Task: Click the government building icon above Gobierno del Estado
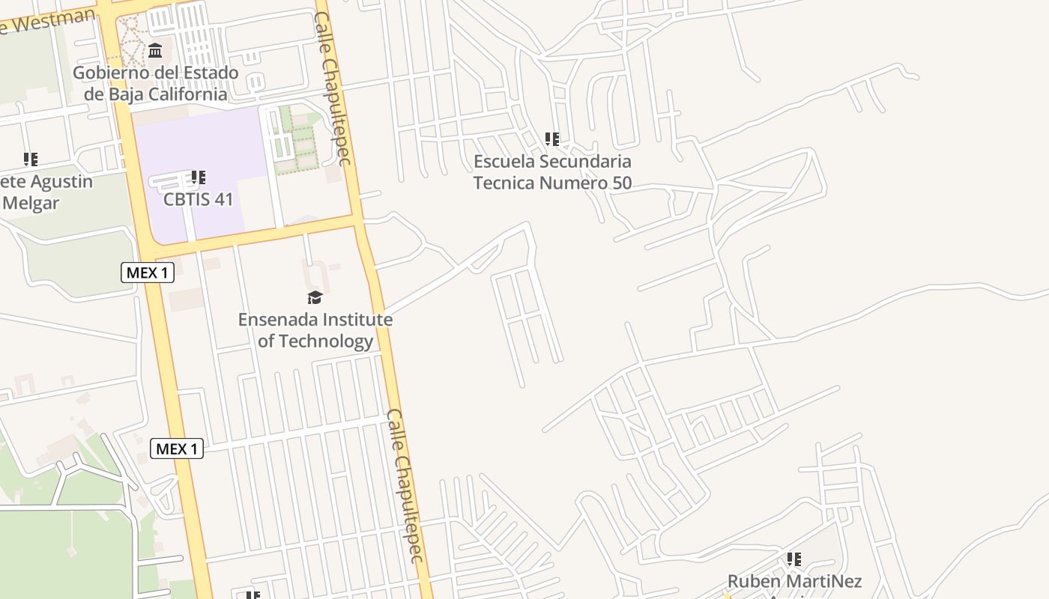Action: pos(155,51)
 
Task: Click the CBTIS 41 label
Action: pos(199,200)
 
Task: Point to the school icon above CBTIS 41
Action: pos(199,177)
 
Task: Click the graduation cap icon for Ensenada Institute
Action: pos(315,298)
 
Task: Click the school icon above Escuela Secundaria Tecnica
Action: pos(552,139)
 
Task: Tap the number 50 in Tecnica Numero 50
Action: pos(621,183)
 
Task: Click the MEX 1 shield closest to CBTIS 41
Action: pos(148,273)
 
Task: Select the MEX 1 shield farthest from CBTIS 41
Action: pos(177,449)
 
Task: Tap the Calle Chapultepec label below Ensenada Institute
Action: pos(405,485)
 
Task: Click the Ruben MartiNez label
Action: pos(794,581)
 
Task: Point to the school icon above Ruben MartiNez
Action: pos(794,559)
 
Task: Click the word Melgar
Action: pos(31,203)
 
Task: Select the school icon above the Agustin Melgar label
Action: pos(31,159)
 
